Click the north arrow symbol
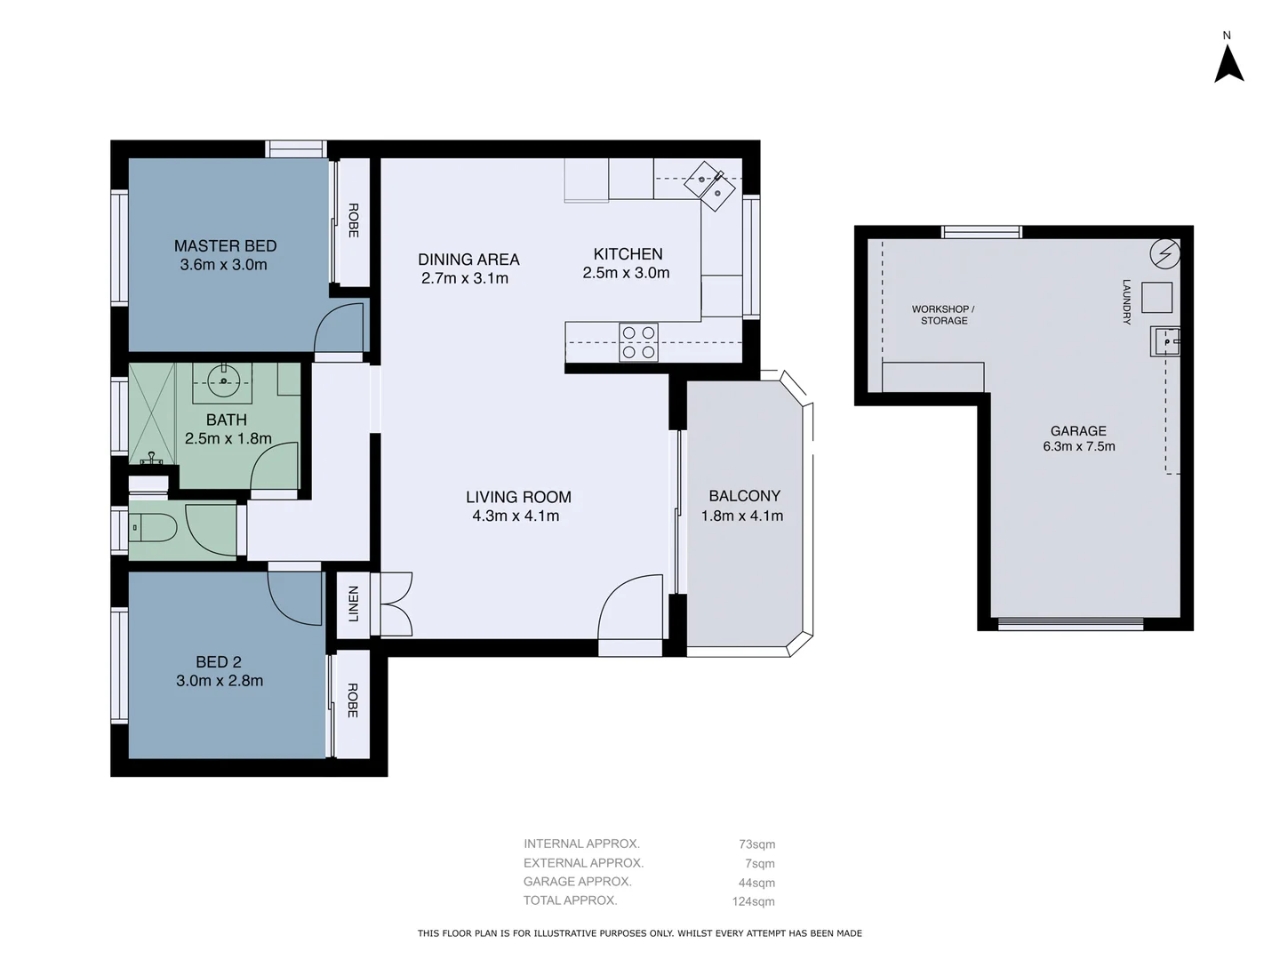click(x=1228, y=63)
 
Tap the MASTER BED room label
click(x=225, y=246)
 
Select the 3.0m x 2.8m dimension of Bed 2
click(x=220, y=681)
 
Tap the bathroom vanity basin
click(x=222, y=381)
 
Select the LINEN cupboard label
click(x=353, y=604)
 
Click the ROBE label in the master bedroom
click(x=353, y=220)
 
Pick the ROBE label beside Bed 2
click(x=353, y=700)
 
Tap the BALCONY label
click(x=744, y=496)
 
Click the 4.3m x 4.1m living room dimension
click(x=516, y=516)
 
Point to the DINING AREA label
click(x=468, y=260)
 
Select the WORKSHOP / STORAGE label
click(x=943, y=315)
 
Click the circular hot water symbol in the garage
click(x=1164, y=255)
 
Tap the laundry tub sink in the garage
click(x=1165, y=341)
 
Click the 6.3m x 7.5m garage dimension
click(x=1078, y=446)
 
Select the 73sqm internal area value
click(x=756, y=844)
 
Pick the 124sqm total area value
click(x=753, y=901)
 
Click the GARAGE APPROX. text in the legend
click(x=578, y=882)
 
